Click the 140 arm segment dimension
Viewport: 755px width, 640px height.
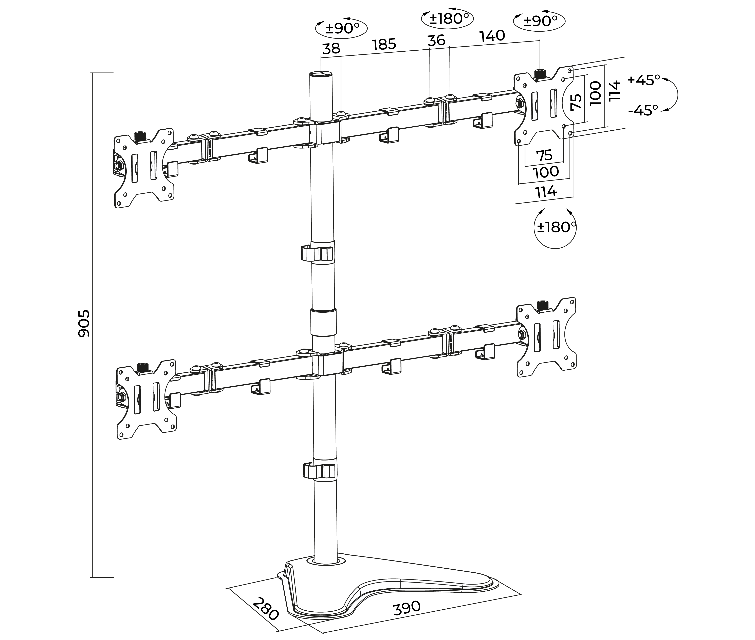pos(492,36)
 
